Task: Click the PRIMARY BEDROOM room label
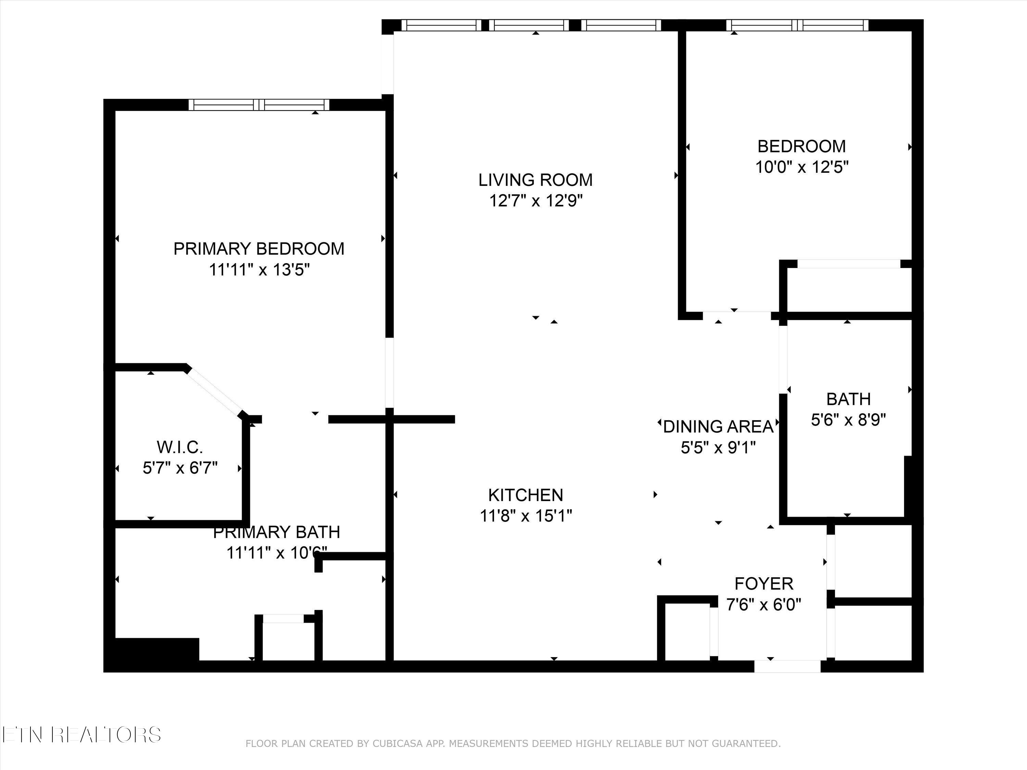tap(258, 249)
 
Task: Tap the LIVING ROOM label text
tap(535, 180)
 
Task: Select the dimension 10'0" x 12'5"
tap(802, 167)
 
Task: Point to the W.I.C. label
tap(180, 447)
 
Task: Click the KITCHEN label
tap(525, 495)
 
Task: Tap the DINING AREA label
tap(718, 426)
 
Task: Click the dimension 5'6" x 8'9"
tap(848, 420)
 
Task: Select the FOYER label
tap(764, 583)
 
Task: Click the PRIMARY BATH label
tap(276, 532)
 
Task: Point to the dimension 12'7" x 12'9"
tap(536, 201)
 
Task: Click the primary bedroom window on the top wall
tap(259, 105)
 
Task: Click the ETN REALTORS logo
tap(81, 734)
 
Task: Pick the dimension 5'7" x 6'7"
tap(180, 468)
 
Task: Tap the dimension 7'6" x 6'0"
tap(764, 604)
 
